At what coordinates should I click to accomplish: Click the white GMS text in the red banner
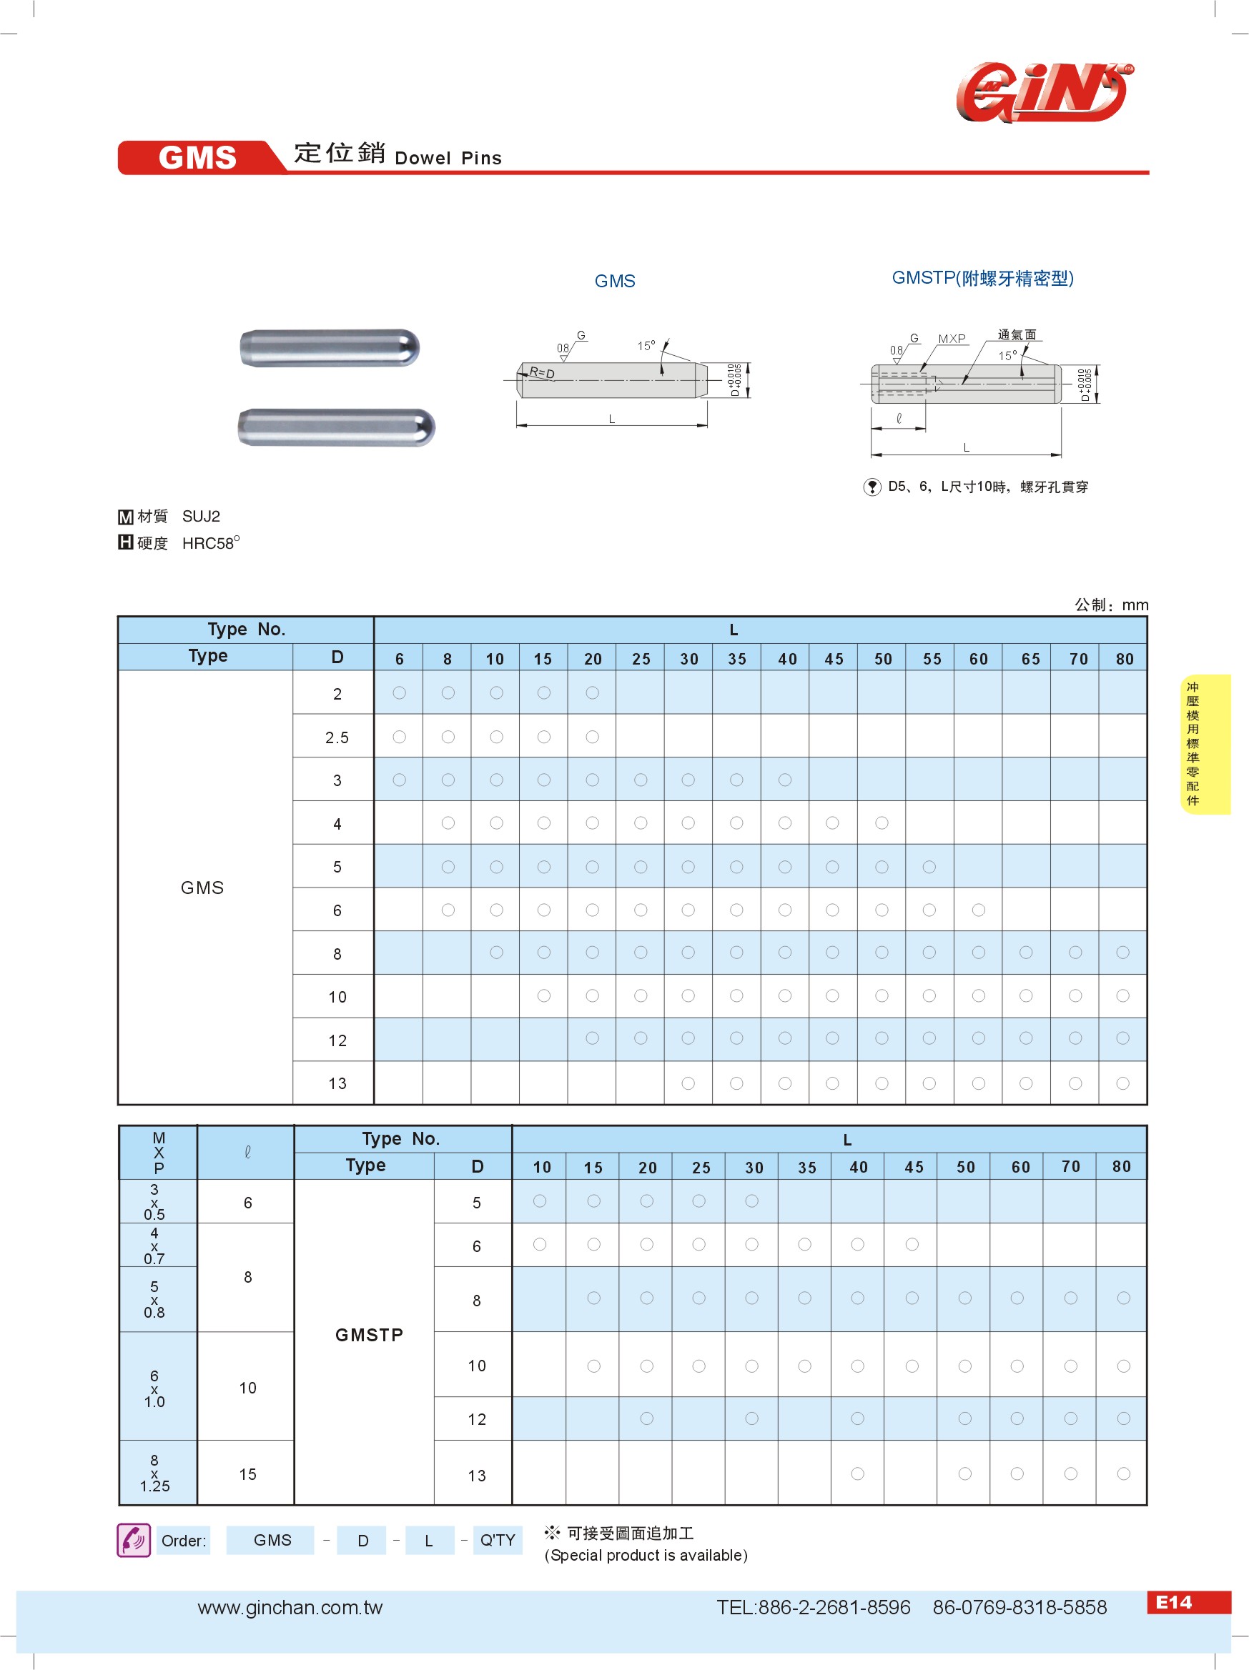point(197,158)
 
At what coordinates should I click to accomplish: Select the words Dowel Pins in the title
point(448,159)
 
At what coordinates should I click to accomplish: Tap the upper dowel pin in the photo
point(330,348)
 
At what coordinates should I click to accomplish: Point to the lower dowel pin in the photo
point(336,427)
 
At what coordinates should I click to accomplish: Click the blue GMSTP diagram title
point(982,278)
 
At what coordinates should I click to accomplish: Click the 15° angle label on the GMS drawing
point(646,346)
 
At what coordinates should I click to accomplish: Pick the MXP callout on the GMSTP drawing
point(952,339)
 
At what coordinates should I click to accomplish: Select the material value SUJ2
point(201,517)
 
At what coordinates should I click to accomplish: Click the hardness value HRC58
point(210,544)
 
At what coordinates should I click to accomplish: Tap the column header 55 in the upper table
point(931,659)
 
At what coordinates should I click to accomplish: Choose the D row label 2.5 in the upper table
point(337,737)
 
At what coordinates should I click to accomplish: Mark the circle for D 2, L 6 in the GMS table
point(400,693)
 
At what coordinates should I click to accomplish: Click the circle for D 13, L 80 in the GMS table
point(1123,1083)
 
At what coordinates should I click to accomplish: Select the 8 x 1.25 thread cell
point(155,1473)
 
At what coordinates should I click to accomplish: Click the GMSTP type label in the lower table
point(369,1335)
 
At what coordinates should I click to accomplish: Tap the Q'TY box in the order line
point(498,1540)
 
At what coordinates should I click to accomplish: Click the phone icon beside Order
point(134,1540)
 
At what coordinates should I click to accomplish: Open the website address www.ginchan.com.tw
point(290,1608)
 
